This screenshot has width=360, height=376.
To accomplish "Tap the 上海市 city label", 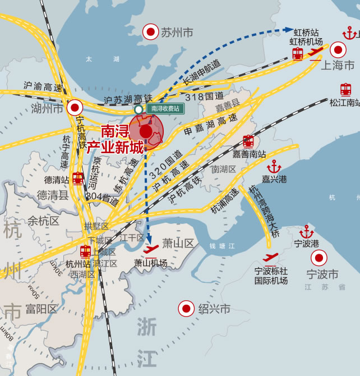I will coord(338,66).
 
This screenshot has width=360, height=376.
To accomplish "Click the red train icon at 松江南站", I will coord(346,89).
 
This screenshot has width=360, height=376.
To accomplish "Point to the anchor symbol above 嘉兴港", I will coord(274,167).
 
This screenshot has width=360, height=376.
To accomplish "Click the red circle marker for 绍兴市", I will coord(186,308).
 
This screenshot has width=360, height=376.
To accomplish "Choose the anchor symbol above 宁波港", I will coord(307,231).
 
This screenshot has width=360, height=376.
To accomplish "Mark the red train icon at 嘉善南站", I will coord(248,141).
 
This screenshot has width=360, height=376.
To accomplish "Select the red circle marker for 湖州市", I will coord(74,108).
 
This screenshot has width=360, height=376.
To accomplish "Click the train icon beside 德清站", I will coord(78,178).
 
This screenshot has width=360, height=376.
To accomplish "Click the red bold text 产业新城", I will coord(114,148).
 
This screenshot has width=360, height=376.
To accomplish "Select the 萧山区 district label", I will coord(178,243).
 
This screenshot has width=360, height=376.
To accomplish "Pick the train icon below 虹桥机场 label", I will coord(298,54).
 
